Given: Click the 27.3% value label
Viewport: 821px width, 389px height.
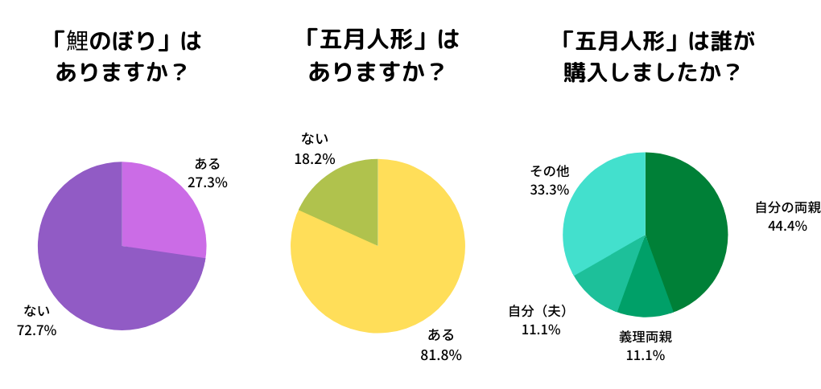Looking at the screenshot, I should coord(208,182).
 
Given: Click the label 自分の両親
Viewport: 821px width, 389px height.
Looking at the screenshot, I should coord(787,207).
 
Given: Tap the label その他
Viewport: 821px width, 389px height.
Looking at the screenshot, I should coord(550,171).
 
